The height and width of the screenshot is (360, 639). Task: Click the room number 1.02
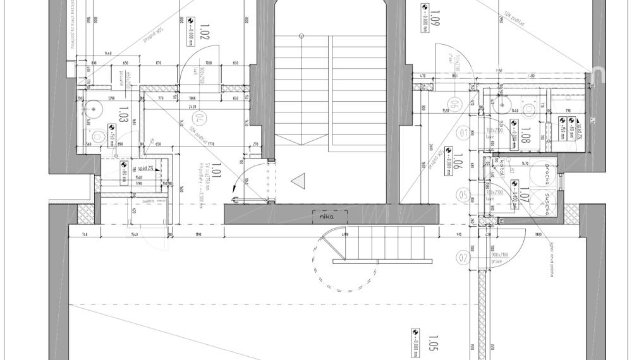pyautogui.click(x=204, y=32)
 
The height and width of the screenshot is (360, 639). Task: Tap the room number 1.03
pyautogui.click(x=124, y=114)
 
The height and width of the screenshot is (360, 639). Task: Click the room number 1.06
pyautogui.click(x=458, y=162)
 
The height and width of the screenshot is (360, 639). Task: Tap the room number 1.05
pyautogui.click(x=433, y=343)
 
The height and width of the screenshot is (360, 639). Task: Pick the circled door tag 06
pyautogui.click(x=453, y=104)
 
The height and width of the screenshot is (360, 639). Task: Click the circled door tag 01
pyautogui.click(x=463, y=133)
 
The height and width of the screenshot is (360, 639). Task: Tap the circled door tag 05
pyautogui.click(x=463, y=196)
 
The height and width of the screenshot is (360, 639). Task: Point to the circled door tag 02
pyautogui.click(x=463, y=258)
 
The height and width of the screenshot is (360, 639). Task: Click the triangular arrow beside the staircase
pyautogui.click(x=297, y=182)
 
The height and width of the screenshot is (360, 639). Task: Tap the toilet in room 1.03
pyautogui.click(x=98, y=136)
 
